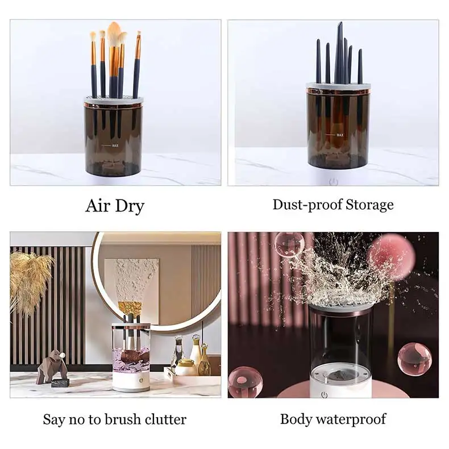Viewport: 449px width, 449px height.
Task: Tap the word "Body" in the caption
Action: [297, 420]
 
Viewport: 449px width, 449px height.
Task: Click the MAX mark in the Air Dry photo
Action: [114, 145]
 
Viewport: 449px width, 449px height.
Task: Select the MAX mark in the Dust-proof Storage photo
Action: [339, 135]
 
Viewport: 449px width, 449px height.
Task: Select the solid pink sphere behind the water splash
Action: [392, 256]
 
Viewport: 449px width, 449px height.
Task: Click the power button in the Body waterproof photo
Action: [324, 394]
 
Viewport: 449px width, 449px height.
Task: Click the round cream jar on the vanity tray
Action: [186, 367]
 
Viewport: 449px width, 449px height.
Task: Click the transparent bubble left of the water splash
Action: [289, 245]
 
